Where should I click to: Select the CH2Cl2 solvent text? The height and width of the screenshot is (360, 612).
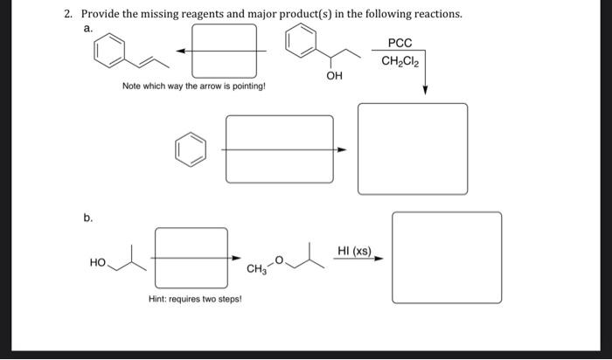tap(401, 61)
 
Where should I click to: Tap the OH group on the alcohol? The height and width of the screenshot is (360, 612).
tap(334, 77)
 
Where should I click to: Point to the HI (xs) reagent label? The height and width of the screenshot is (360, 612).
tap(354, 252)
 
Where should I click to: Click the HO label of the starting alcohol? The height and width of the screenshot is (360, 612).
tap(97, 262)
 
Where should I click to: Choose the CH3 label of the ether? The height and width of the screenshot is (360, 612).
tap(256, 268)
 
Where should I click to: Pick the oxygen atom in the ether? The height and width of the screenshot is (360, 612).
tap(280, 259)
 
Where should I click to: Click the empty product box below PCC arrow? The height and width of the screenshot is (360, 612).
tap(413, 149)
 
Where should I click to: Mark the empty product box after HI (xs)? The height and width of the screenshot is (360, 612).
tap(447, 257)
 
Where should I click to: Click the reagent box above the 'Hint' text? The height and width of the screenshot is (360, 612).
tap(191, 257)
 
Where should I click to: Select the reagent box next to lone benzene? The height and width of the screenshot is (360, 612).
tap(279, 149)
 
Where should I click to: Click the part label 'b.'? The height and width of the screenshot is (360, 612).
tap(88, 218)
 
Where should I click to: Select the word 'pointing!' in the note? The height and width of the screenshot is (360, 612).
tap(247, 87)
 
